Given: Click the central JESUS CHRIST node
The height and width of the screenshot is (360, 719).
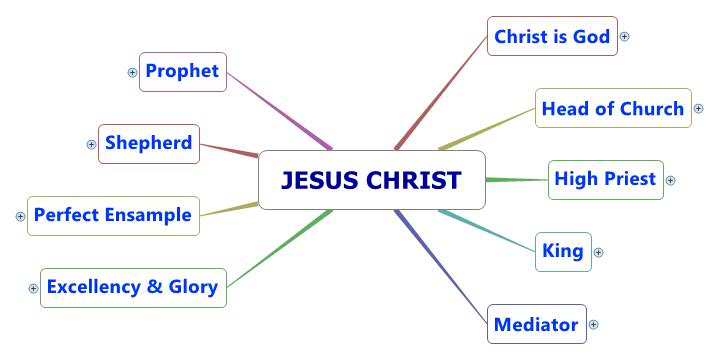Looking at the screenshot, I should (x=372, y=180).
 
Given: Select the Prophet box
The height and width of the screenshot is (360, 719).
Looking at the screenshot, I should (x=183, y=71).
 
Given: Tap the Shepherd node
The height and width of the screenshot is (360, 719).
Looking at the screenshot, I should (x=150, y=143).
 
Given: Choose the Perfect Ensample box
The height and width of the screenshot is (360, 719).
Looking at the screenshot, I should (x=112, y=215).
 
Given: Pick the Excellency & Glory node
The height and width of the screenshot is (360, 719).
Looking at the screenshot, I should (x=133, y=287).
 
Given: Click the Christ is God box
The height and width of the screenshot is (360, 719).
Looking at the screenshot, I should (x=551, y=36).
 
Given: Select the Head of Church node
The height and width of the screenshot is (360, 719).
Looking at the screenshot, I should (x=612, y=108).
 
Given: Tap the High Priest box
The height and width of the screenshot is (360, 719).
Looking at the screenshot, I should (x=605, y=179).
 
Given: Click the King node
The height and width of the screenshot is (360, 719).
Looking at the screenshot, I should (x=562, y=251).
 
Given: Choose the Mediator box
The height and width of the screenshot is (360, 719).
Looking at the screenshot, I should (x=537, y=324).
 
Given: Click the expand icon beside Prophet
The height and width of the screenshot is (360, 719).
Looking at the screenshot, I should (x=132, y=72).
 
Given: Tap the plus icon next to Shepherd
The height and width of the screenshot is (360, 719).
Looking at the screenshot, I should (x=91, y=144).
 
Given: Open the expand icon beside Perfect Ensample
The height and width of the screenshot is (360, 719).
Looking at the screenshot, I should (x=21, y=216).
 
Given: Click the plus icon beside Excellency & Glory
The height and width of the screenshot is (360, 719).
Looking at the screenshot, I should (x=33, y=288).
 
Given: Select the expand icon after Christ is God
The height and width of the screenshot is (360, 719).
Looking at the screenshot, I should (x=625, y=36).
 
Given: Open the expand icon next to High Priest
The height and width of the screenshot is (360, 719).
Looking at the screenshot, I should (x=671, y=180).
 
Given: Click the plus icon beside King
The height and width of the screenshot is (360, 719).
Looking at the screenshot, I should (x=599, y=252).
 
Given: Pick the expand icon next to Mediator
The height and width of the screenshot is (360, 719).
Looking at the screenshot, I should (x=593, y=324).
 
